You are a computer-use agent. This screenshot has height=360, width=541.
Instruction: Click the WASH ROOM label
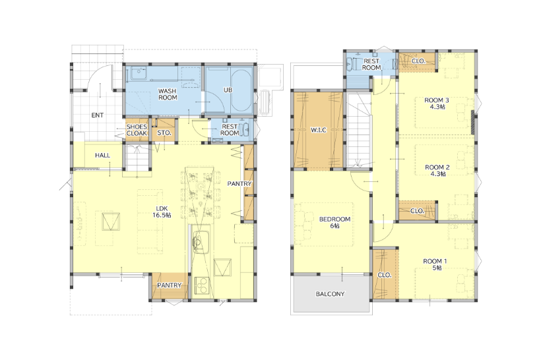[168, 94]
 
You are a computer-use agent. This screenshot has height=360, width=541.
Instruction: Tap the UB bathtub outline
[241, 90]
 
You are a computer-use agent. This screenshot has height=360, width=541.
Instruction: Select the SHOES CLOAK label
[137, 130]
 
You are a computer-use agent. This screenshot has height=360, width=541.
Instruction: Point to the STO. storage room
[164, 130]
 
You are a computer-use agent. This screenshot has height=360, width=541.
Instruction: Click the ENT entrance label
[97, 115]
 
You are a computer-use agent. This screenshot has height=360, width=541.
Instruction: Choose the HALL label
[102, 156]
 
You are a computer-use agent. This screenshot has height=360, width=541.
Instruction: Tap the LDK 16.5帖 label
[162, 212]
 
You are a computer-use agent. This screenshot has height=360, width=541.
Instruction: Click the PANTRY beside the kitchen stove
[169, 286]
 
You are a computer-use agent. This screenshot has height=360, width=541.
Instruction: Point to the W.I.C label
[319, 130]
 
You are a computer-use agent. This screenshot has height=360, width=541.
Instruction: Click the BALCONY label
[330, 294]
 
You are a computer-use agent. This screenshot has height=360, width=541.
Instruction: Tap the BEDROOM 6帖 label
[334, 222]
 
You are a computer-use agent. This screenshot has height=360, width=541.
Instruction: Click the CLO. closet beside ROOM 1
[385, 274]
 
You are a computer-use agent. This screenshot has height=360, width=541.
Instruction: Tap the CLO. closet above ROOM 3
[418, 61]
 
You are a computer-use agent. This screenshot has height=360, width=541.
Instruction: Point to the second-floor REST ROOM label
[371, 65]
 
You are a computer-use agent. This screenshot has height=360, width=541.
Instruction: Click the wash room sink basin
[139, 73]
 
